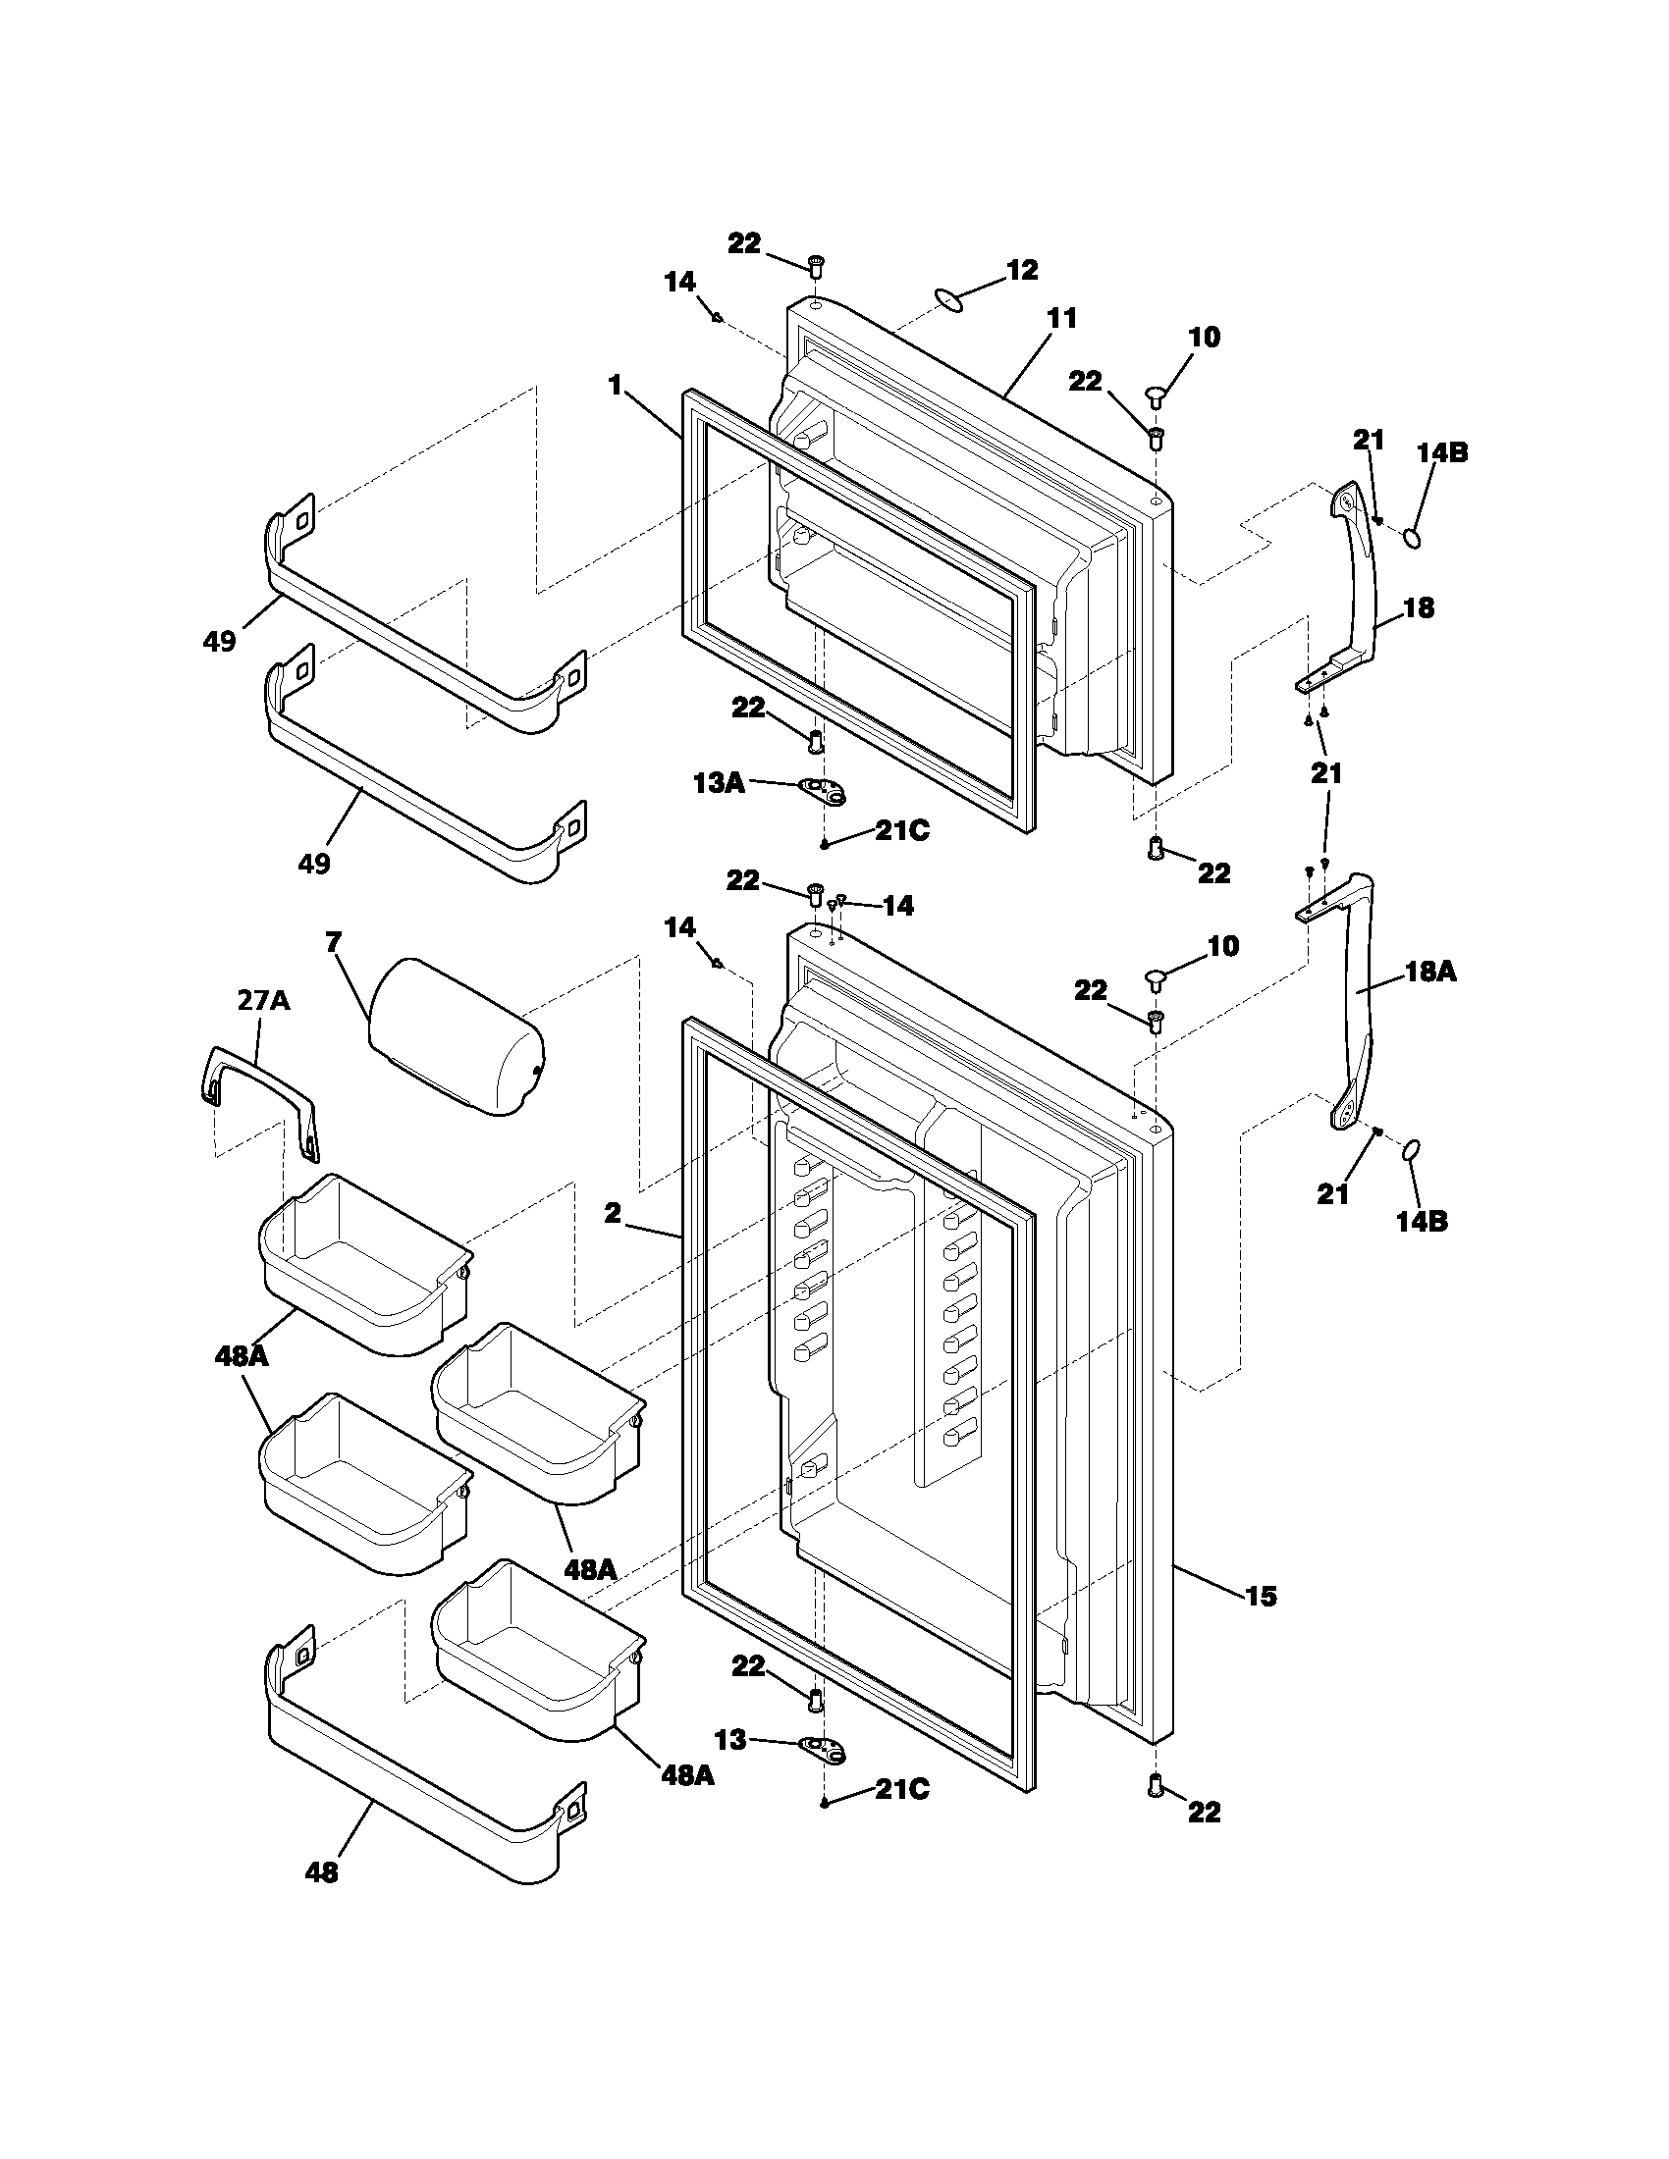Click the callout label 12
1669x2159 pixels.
coord(1021,270)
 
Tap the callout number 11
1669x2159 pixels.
coord(1061,318)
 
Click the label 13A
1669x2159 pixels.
coord(718,783)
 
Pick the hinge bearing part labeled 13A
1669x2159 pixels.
coord(823,788)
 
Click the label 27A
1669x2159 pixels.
coord(263,1000)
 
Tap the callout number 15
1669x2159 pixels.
coord(1261,1596)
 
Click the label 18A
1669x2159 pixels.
coord(1430,972)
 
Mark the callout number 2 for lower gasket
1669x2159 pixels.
coord(613,1213)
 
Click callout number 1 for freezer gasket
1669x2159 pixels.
coord(615,386)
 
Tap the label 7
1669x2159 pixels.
coord(333,942)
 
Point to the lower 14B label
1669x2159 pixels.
coord(1422,1221)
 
